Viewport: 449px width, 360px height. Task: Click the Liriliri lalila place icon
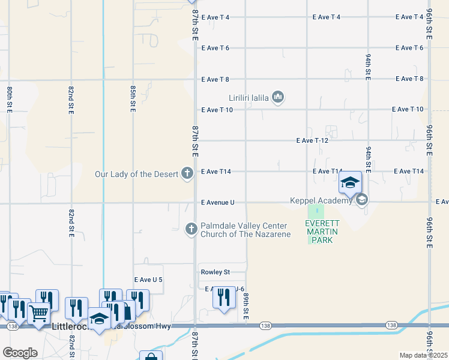click(x=278, y=97)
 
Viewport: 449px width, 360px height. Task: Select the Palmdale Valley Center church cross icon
click(x=191, y=229)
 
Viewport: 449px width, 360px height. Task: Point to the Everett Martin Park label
click(x=318, y=232)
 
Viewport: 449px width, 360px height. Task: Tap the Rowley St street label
click(x=215, y=272)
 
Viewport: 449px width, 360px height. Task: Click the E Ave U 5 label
click(x=148, y=280)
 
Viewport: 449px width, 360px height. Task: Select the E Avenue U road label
click(x=218, y=203)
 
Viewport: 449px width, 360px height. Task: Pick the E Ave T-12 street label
click(x=313, y=140)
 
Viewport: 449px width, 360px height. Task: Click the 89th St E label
click(x=246, y=307)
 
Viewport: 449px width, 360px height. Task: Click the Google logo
click(x=20, y=353)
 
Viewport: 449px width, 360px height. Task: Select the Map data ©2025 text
click(x=423, y=355)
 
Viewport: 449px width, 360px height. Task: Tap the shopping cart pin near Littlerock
click(x=39, y=313)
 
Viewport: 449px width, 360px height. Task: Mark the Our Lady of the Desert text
click(x=137, y=174)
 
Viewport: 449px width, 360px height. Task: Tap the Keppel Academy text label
click(x=321, y=200)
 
